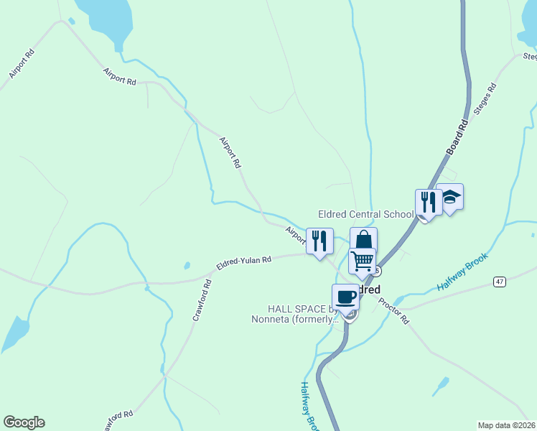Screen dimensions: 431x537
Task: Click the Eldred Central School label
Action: coord(365,214)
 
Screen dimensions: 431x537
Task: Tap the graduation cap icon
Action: coord(449,196)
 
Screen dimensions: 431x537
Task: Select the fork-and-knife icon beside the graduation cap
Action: coord(429,202)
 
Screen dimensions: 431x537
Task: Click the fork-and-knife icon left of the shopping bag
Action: coord(319,241)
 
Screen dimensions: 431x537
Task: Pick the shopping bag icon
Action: coord(363,240)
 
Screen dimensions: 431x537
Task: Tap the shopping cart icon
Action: coord(363,260)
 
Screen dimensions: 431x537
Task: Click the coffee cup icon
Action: coord(345,296)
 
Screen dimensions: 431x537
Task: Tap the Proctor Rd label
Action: coord(394,310)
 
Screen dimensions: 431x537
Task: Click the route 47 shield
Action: coord(500,282)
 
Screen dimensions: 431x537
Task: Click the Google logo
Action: coord(24,422)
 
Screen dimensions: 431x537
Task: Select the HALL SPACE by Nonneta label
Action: coord(293,313)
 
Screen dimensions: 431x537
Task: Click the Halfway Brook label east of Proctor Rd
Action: coord(462,271)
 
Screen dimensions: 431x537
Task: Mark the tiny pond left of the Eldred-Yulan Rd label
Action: coord(187,265)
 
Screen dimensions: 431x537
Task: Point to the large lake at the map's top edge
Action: coord(106,18)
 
